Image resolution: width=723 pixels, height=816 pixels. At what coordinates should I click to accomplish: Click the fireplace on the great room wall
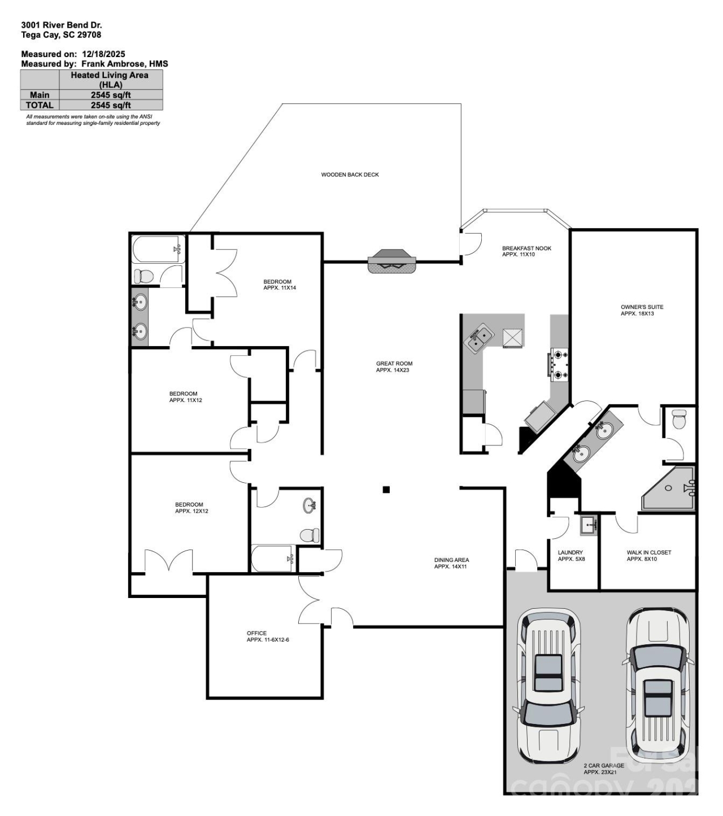point(392,261)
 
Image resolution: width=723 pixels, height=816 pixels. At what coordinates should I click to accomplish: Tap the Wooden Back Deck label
point(350,175)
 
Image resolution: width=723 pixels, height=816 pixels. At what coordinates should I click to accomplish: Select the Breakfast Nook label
point(526,251)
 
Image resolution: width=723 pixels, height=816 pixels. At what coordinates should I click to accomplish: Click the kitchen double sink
point(478,339)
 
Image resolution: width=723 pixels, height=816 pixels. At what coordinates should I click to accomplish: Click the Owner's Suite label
point(642,310)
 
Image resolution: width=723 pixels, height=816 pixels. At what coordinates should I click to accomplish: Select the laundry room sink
point(589,525)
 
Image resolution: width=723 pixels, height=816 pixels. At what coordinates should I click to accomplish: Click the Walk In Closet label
point(648,556)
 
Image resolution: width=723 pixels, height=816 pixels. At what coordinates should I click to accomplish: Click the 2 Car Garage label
point(603,769)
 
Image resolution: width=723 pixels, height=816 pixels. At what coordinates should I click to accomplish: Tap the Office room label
point(267,636)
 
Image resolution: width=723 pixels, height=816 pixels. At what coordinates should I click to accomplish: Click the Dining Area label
point(451,563)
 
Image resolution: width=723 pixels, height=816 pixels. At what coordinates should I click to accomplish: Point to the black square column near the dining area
point(386,490)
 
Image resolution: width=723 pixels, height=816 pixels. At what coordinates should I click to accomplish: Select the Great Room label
point(394,367)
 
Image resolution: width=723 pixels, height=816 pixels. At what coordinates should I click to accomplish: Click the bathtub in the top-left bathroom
point(158,249)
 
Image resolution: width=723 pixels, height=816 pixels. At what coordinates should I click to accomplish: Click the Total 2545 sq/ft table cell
point(111,105)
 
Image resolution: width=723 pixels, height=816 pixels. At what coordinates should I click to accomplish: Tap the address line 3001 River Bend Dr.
point(62,25)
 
